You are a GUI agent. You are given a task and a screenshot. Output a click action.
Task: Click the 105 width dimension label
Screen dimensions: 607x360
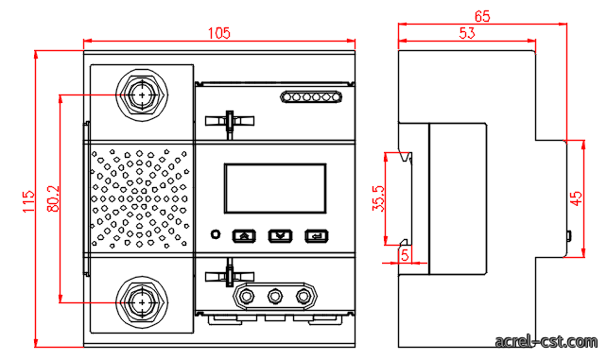(x=219, y=33)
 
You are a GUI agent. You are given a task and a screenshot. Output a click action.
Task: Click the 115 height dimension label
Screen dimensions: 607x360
(x=28, y=201)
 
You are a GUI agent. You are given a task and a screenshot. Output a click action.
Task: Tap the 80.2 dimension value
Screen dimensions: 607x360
(x=54, y=198)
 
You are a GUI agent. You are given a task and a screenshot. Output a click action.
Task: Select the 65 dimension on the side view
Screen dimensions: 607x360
(x=482, y=16)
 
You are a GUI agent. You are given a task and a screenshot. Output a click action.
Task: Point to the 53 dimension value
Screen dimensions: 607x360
(x=467, y=33)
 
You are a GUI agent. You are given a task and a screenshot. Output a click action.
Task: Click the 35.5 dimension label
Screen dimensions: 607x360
(x=378, y=198)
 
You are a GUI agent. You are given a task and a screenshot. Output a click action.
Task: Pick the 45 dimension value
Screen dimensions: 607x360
(x=577, y=198)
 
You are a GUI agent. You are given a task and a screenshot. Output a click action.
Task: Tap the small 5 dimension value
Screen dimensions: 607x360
(x=405, y=255)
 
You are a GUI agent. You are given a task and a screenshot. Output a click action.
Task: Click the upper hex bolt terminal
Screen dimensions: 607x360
(x=142, y=95)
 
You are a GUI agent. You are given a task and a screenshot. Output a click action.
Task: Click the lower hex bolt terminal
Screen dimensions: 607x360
(x=142, y=302)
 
